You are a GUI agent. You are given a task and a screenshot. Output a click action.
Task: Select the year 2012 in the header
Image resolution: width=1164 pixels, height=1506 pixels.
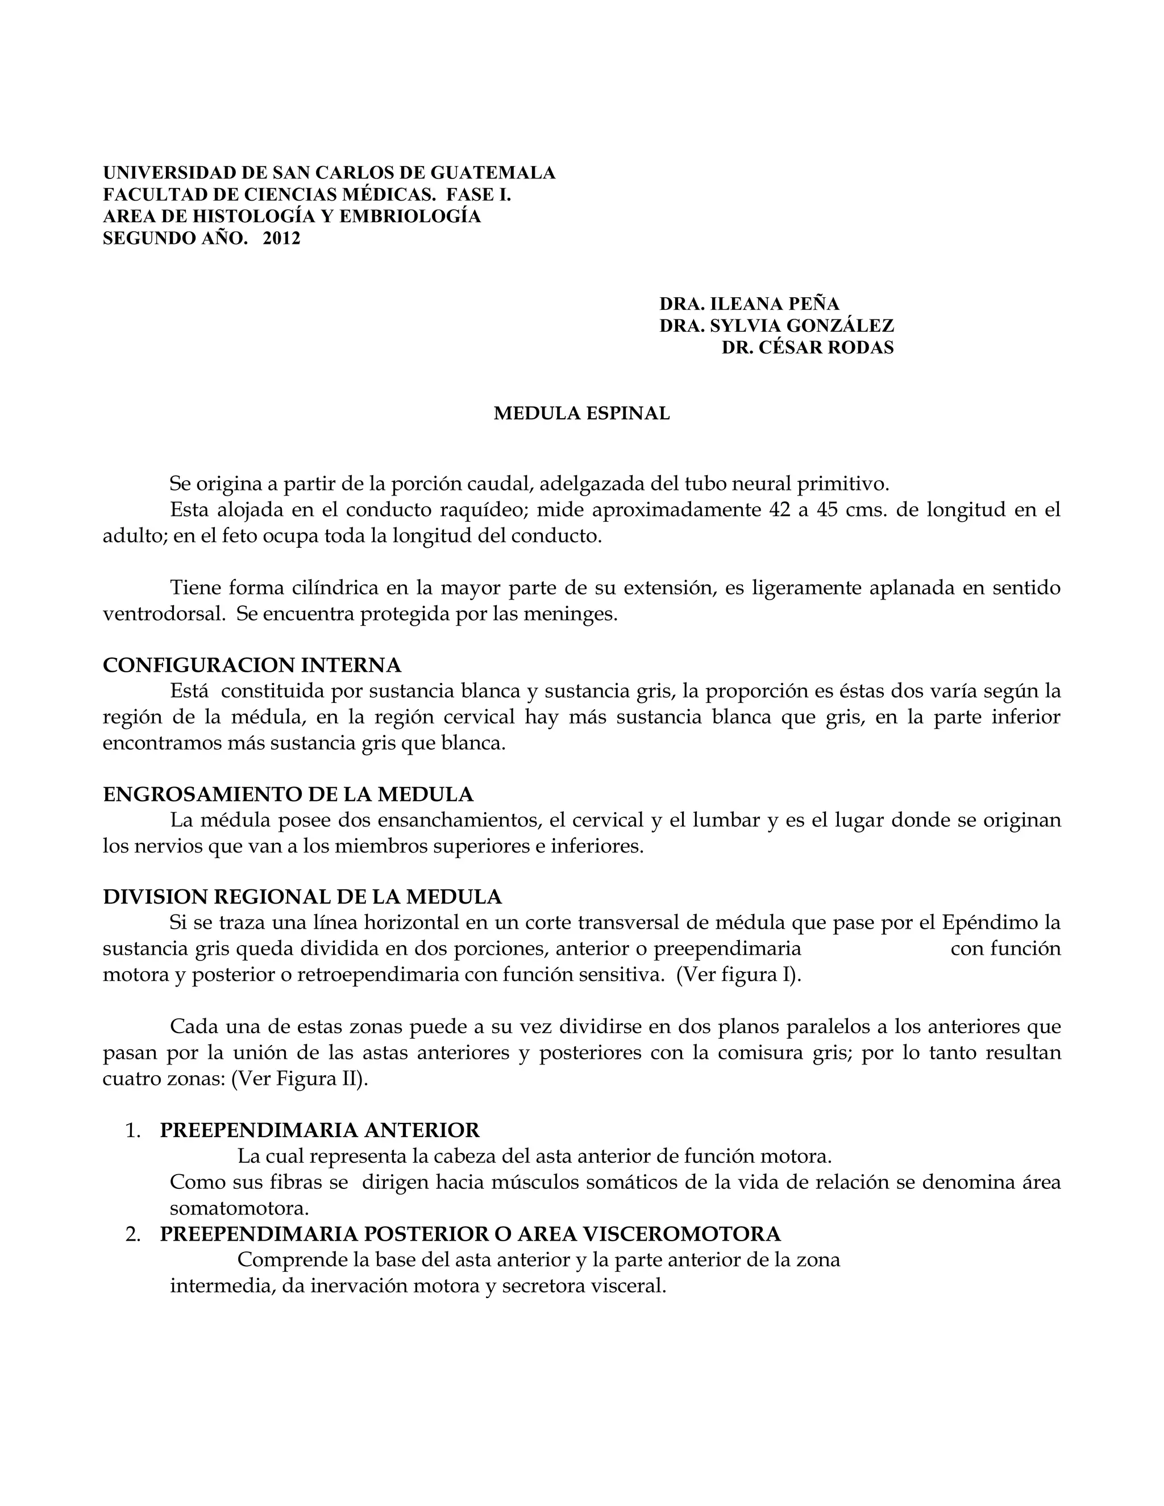[281, 239]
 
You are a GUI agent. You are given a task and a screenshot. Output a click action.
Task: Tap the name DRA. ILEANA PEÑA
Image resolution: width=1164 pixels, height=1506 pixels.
[749, 303]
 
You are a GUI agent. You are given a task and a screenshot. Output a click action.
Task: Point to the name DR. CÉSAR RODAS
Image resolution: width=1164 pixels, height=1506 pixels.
[808, 348]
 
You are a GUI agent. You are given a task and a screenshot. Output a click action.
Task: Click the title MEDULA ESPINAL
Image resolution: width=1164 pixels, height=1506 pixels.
[581, 413]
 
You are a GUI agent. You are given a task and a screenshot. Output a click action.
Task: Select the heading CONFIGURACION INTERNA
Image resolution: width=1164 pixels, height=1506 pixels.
[252, 665]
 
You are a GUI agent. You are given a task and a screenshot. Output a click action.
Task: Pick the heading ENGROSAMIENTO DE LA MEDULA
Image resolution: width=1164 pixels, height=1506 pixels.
[288, 794]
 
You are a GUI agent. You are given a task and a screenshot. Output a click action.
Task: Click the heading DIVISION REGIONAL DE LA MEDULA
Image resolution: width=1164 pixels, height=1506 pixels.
[302, 896]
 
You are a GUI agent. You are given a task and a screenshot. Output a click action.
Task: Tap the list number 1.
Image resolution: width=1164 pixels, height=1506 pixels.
[133, 1131]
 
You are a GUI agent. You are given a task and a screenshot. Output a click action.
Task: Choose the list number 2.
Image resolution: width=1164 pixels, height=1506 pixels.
[133, 1234]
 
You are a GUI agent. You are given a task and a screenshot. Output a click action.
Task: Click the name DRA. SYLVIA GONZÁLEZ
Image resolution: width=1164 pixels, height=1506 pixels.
[776, 326]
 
